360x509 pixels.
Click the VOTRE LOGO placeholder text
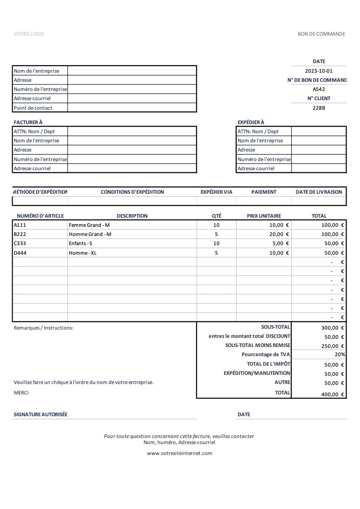tap(29, 34)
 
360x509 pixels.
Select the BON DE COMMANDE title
tap(321, 34)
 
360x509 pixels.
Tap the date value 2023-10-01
tap(319, 71)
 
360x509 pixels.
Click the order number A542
tap(319, 89)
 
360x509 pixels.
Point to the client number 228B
tap(319, 108)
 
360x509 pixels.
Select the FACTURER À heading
tap(28, 122)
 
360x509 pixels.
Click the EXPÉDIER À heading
tap(251, 122)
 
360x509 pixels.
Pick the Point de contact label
tap(33, 108)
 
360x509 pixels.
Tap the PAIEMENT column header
tap(264, 192)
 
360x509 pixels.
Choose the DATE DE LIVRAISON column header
tap(319, 192)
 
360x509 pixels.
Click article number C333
tap(20, 243)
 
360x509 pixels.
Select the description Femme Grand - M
tap(89, 225)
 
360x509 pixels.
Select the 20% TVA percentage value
tap(340, 354)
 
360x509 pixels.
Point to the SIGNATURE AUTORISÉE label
tap(41, 415)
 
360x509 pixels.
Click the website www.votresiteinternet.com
tap(180, 453)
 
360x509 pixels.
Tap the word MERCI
tap(21, 393)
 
